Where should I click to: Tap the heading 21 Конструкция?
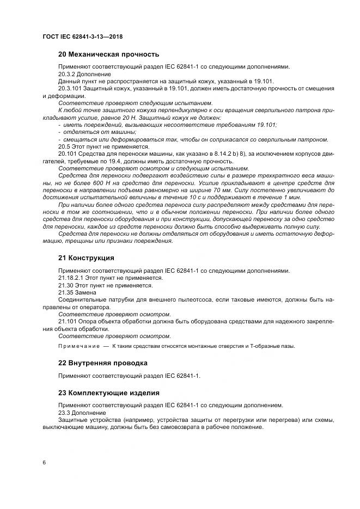click(x=86, y=257)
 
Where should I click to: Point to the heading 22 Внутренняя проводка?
click(x=103, y=363)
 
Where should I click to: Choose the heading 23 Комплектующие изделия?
click(x=108, y=393)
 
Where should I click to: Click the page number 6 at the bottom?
click(x=44, y=462)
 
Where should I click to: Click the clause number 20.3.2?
click(x=67, y=73)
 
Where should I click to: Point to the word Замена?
click(x=88, y=292)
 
